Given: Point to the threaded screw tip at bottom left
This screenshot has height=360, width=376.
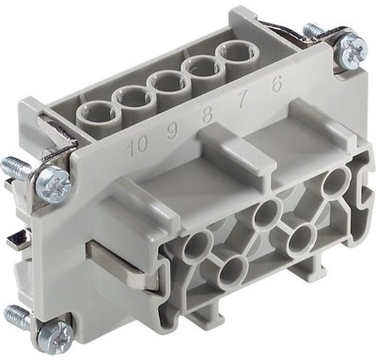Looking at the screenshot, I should pyautogui.click(x=16, y=314).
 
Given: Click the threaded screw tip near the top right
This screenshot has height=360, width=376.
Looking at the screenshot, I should pyautogui.click(x=311, y=29).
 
